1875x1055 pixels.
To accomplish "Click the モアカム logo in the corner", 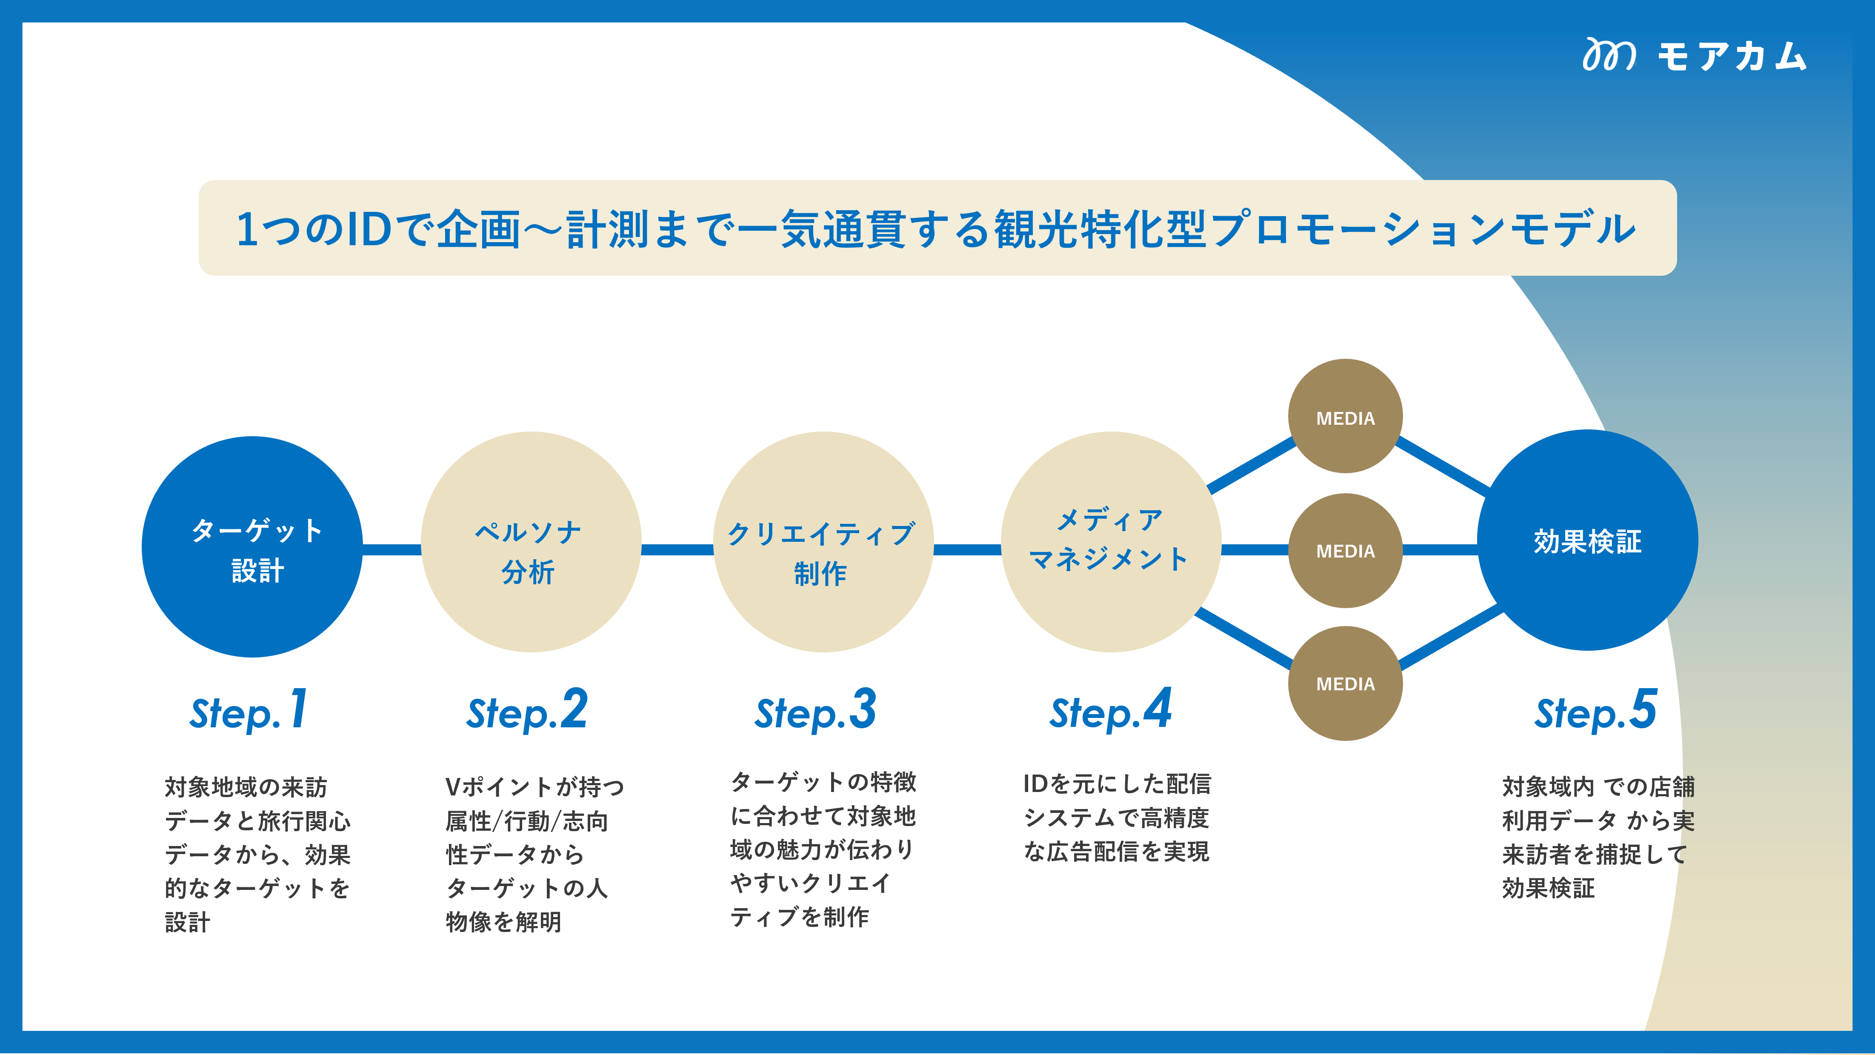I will click(x=1695, y=55).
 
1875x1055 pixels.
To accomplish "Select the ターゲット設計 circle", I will click(x=252, y=547).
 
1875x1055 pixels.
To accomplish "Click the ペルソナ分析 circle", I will click(x=531, y=543).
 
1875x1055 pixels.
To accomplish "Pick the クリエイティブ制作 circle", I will click(x=823, y=543).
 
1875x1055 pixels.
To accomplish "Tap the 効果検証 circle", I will click(x=1587, y=540).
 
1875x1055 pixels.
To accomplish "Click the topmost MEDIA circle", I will click(x=1345, y=417).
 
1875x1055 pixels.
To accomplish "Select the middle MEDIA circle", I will click(x=1345, y=550).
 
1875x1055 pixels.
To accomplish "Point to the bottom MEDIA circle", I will click(x=1345, y=683).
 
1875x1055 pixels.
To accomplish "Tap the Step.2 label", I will click(x=527, y=711).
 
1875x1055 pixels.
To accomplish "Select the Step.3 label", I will click(x=815, y=711).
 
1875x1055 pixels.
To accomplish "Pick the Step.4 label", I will click(x=1110, y=711).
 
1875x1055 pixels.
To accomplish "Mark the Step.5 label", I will click(x=1595, y=711).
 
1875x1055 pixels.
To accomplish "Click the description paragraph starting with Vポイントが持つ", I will click(x=534, y=853).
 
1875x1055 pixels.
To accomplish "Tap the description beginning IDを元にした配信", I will click(x=1117, y=817).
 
